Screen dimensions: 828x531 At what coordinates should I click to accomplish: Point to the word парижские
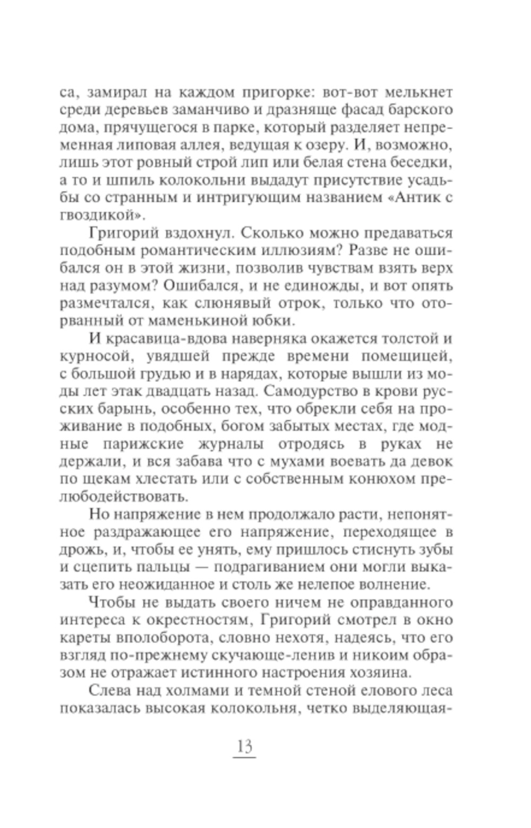168,444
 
